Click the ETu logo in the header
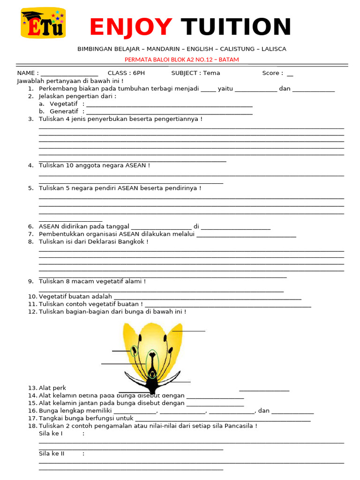coord(43,23)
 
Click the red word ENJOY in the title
coord(131,27)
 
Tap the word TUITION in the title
coord(236,27)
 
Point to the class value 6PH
coord(139,73)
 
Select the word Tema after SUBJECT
coord(211,73)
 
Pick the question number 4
coord(30,165)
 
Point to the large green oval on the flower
coord(152,362)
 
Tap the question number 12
coord(32,312)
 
